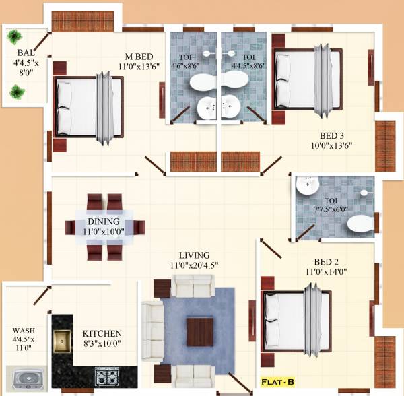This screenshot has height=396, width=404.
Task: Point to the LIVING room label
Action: pos(194,255)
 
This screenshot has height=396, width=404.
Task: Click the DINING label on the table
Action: pos(103,222)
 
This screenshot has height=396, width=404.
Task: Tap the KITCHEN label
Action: pos(102,333)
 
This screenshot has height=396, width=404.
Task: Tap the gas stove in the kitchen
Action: pos(107,374)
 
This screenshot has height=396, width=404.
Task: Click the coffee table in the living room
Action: pos(200,330)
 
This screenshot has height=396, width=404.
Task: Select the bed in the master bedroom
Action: pos(90,108)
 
